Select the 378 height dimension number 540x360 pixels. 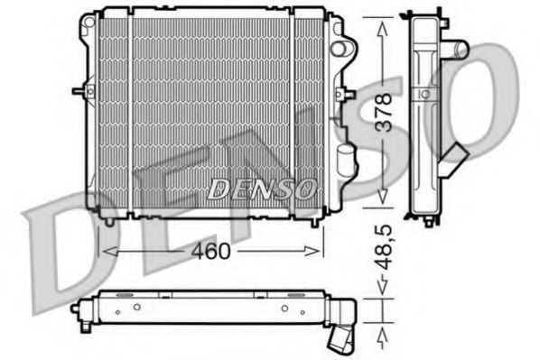384,114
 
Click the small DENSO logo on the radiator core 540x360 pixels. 262,189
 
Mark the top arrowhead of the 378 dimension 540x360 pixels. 384,24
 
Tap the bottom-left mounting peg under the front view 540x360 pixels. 109,218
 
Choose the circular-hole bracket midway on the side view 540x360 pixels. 424,94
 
